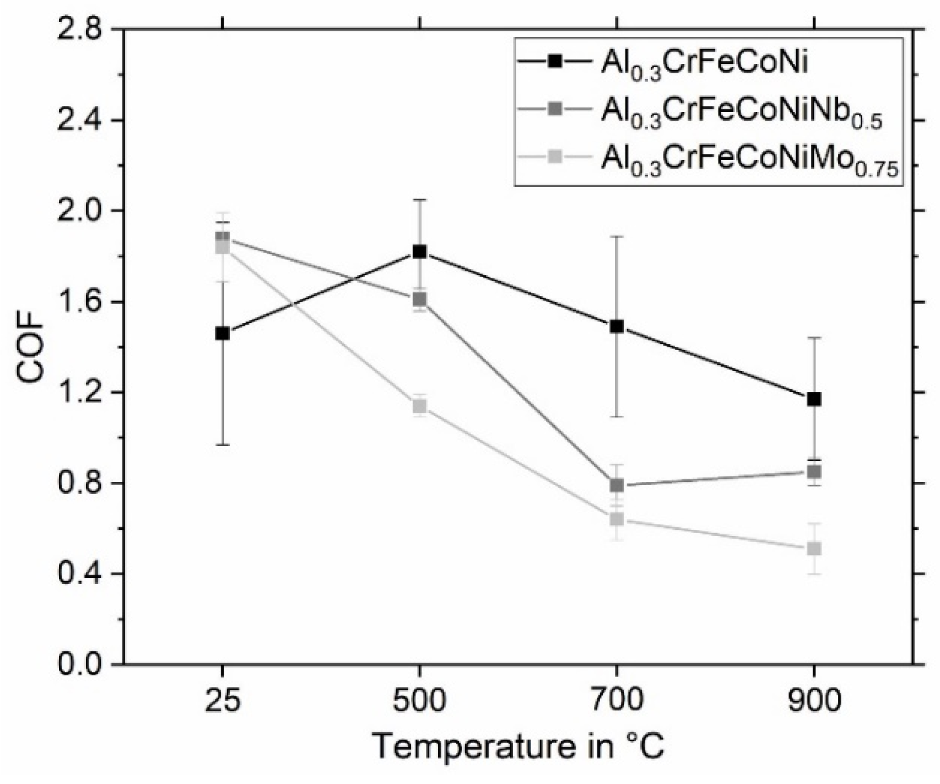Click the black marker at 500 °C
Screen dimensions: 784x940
pos(420,252)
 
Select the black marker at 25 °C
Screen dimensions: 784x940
pos(223,334)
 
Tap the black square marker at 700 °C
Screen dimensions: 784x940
pos(617,326)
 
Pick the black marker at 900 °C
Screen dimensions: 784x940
pos(814,399)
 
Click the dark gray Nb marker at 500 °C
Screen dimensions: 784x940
pos(420,299)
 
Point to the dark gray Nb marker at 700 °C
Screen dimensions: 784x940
pos(617,485)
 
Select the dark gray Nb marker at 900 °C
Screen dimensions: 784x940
pos(814,472)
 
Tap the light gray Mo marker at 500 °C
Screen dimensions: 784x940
pos(420,406)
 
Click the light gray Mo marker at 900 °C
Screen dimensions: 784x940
pos(814,549)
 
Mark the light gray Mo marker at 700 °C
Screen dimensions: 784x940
pos(617,519)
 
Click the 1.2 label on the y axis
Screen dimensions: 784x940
pos(80,393)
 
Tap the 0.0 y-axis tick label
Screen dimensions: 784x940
pos(80,664)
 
